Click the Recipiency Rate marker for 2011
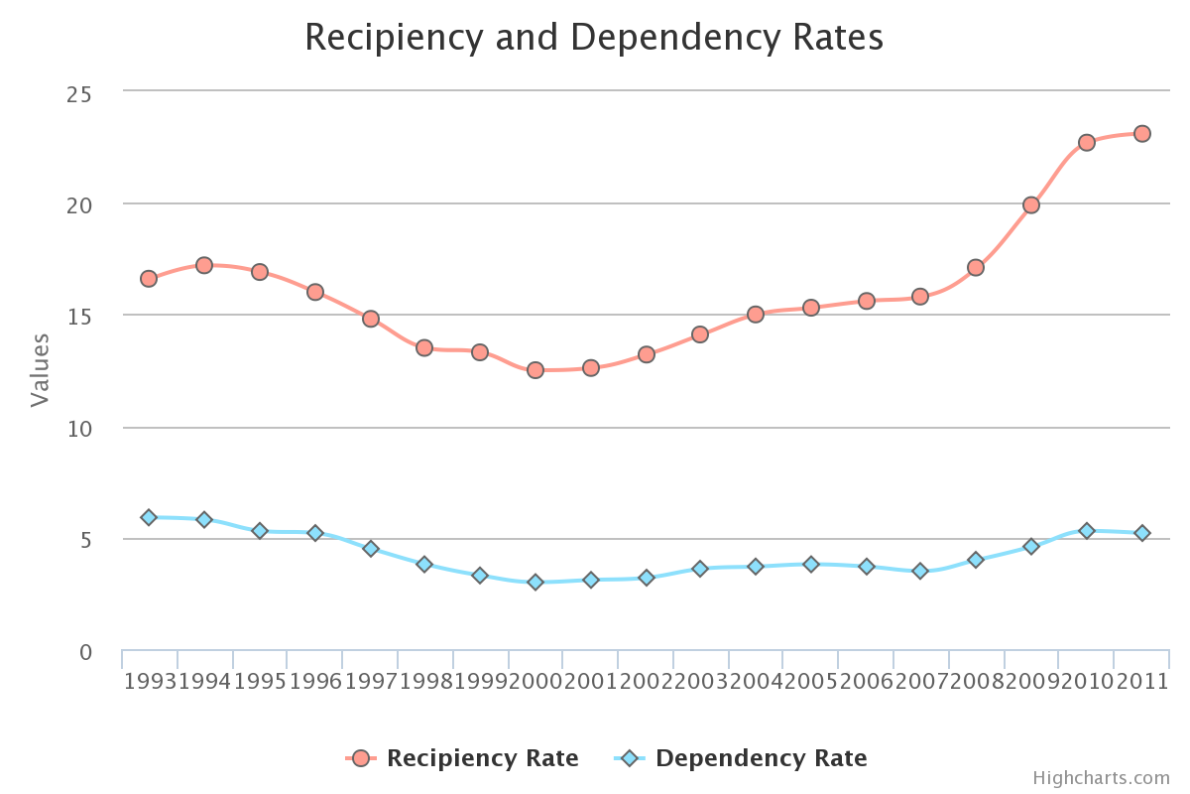(1142, 133)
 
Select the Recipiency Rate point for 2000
(535, 370)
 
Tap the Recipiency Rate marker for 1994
(204, 265)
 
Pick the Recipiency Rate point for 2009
(1031, 205)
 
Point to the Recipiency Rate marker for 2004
(756, 315)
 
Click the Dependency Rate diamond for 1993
(149, 517)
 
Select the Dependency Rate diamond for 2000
(535, 583)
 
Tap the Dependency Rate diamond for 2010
(1087, 531)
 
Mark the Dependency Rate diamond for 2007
(920, 571)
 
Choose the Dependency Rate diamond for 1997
(371, 549)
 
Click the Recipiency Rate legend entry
(463, 758)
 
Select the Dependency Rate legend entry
(742, 758)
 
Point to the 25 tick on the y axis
(78, 94)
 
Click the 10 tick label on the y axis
(78, 429)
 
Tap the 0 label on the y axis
(85, 653)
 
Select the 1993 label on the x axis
(149, 681)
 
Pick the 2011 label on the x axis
(1142, 681)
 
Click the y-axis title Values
(40, 370)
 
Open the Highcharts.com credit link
(1101, 778)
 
